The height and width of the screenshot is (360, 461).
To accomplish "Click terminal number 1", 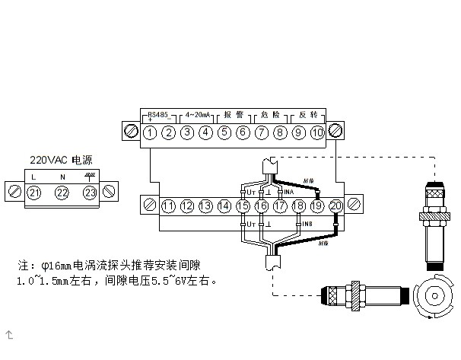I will pos(151,132).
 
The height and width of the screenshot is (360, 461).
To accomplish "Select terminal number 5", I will pos(224,132).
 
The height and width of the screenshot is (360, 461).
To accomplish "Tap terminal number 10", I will pos(318,132).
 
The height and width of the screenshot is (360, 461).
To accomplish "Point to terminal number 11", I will pos(168,205).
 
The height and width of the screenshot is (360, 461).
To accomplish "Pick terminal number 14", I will pos(224,205).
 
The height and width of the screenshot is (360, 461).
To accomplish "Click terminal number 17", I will pos(280,205).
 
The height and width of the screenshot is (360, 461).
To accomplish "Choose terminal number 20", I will pos(335,205).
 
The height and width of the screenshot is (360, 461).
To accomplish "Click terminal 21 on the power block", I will pos(33,192).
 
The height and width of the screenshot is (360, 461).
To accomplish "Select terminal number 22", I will pos(62,192).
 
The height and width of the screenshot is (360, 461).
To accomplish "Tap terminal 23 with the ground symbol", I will pos(91,192).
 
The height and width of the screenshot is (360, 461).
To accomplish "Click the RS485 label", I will pos(159,114).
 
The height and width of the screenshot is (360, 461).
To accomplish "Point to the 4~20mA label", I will pos(197,114).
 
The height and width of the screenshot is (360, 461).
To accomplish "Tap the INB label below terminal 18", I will pos(306,225).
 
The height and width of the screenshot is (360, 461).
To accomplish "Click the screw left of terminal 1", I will pos(131,132).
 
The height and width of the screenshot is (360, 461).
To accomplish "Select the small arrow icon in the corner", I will pos(10,333).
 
